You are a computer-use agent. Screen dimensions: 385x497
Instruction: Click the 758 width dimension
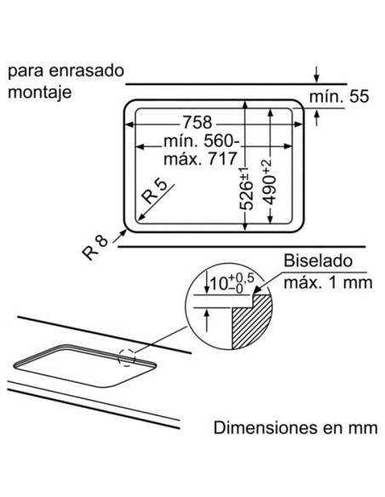click(x=197, y=123)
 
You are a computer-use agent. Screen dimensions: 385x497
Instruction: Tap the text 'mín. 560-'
click(x=202, y=140)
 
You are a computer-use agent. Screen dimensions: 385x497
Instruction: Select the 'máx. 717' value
click(x=200, y=158)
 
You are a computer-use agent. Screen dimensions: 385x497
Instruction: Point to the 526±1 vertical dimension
click(x=246, y=188)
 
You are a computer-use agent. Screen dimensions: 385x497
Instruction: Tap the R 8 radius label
click(x=95, y=248)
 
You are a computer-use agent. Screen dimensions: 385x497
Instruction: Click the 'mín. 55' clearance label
click(x=339, y=96)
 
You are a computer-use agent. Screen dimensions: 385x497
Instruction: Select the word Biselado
click(x=318, y=261)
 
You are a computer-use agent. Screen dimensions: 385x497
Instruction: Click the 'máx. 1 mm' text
click(x=328, y=282)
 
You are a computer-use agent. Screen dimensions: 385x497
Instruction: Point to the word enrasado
click(x=86, y=71)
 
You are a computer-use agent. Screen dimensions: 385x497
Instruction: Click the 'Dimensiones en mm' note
click(x=296, y=427)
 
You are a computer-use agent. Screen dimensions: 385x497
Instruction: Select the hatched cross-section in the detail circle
click(x=252, y=320)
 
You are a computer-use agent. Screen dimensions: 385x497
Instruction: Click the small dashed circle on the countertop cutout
click(x=127, y=358)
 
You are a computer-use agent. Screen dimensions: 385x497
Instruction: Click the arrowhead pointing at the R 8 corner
click(x=123, y=233)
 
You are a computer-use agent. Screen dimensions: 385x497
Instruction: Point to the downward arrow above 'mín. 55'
click(x=316, y=75)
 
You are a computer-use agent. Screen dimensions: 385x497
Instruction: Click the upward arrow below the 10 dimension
click(x=206, y=320)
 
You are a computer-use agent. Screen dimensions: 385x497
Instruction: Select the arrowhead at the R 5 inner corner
click(x=141, y=217)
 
